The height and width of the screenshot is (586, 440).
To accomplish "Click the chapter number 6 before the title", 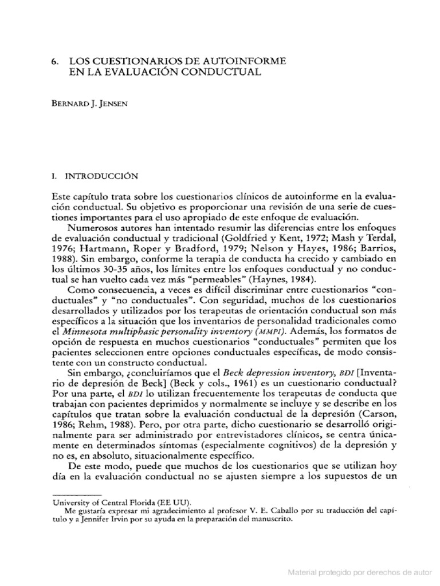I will (x=55, y=60).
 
